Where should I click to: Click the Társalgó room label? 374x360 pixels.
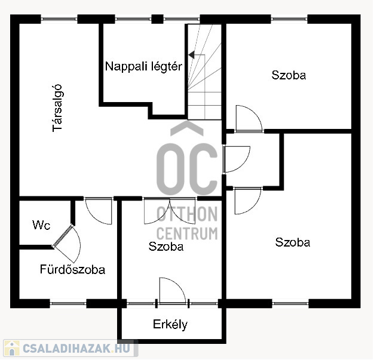point(57,108)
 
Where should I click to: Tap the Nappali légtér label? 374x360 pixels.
point(143,66)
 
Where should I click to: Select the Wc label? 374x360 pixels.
point(41,225)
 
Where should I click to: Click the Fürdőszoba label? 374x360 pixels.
point(72,269)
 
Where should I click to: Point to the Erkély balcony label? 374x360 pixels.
point(170,324)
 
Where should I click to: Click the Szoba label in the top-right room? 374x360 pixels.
point(289,75)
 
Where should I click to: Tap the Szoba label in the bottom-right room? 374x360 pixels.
point(293,242)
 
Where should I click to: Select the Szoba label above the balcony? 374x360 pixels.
point(166,247)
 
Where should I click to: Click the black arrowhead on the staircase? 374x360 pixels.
point(191,55)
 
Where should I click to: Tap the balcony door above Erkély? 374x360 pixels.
point(172,291)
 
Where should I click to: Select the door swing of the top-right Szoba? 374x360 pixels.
point(249,118)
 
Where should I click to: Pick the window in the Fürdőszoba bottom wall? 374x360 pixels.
point(68,303)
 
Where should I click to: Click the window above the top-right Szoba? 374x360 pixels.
point(289,19)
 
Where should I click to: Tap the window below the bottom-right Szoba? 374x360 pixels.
point(290,303)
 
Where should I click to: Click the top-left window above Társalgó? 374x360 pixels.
point(59,19)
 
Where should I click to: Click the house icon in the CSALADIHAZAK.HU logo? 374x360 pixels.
point(12,348)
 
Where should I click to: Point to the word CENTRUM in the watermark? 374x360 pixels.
point(187,233)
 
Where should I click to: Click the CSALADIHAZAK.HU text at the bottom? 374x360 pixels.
point(76,348)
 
